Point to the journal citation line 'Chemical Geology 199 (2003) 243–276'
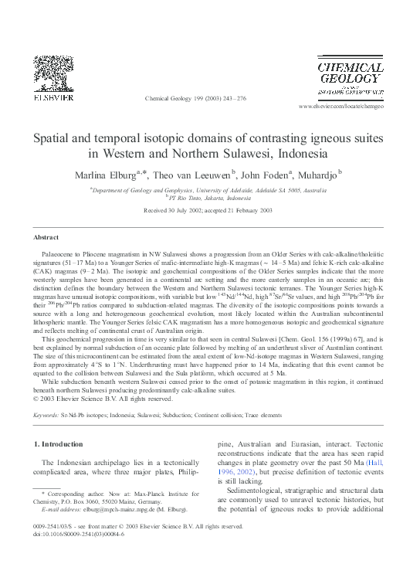pos(195,99)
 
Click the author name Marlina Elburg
pos(108,174)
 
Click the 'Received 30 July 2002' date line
pos(209,209)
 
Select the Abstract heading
pos(47,236)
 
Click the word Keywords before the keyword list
pos(46,415)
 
